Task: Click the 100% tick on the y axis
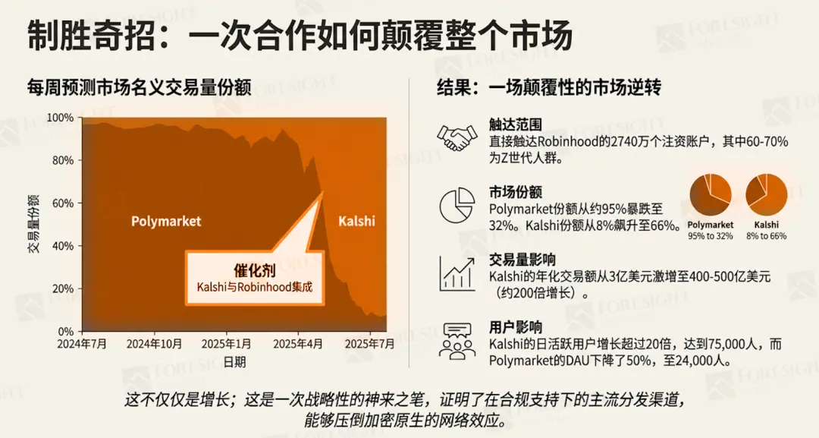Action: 61,118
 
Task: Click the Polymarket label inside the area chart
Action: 166,222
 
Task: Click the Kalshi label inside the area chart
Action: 356,222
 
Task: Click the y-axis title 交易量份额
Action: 34,224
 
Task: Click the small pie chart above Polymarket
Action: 711,195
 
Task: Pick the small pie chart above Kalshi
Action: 767,195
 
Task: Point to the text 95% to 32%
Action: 711,236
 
